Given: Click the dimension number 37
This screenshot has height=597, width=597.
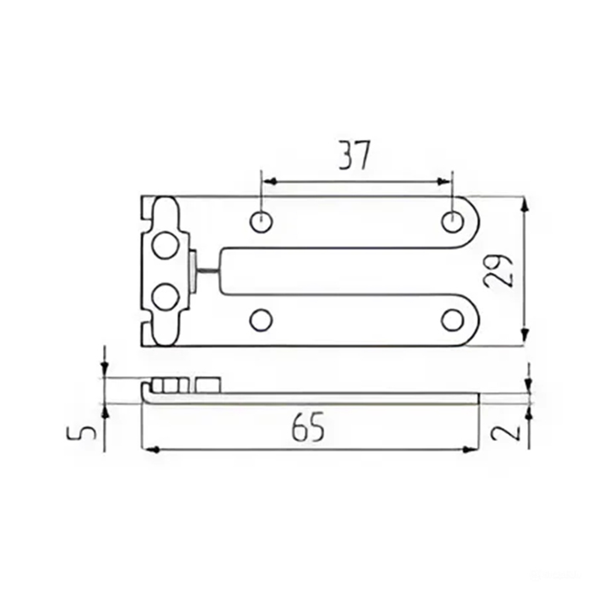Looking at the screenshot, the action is [354, 155].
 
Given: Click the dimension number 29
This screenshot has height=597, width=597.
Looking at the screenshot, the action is [498, 270].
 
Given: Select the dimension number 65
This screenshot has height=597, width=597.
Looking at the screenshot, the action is [308, 426].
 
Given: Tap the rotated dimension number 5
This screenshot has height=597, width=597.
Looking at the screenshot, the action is [82, 433].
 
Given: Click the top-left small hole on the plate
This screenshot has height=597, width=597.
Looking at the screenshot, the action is [261, 221].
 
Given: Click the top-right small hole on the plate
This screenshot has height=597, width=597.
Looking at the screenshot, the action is [453, 221].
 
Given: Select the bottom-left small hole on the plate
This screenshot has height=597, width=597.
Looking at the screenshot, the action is [261, 320].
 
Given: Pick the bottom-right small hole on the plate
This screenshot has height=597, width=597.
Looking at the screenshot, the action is [452, 320].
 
